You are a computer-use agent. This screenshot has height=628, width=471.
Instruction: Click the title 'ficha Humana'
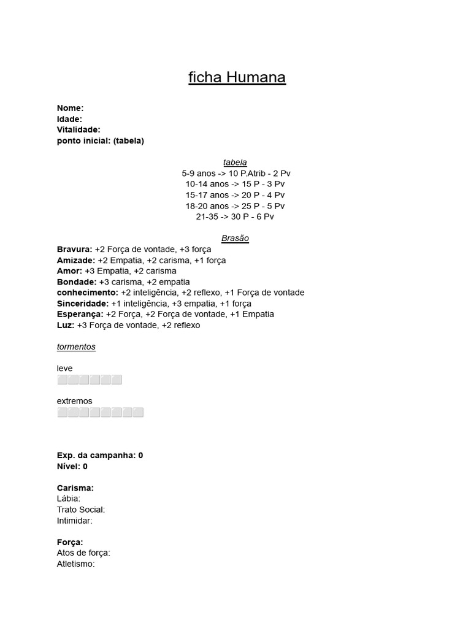[237, 78]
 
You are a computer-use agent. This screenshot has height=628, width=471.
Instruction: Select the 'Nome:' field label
[70, 108]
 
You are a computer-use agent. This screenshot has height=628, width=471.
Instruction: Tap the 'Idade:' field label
[69, 119]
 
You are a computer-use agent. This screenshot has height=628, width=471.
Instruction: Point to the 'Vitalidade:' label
[78, 129]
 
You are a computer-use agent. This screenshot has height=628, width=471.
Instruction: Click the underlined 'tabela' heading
[235, 163]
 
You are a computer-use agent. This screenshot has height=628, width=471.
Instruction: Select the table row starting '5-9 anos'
[235, 174]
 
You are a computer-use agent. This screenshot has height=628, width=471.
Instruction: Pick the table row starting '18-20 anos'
[235, 206]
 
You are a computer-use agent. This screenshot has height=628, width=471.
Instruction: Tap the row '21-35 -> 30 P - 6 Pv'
[235, 216]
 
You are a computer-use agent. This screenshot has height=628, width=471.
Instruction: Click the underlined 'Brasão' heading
[235, 239]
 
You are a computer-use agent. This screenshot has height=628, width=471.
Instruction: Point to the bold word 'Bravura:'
[74, 249]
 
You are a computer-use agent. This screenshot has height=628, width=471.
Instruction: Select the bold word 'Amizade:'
[76, 260]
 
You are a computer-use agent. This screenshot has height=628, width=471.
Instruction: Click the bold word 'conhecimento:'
[87, 293]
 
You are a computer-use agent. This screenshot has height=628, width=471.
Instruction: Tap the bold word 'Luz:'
[66, 325]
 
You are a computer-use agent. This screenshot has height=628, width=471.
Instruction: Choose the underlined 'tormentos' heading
[76, 347]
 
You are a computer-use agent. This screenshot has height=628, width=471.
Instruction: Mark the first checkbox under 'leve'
[62, 380]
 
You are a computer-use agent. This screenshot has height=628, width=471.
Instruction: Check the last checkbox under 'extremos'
[139, 412]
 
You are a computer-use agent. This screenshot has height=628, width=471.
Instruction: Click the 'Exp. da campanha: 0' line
[100, 456]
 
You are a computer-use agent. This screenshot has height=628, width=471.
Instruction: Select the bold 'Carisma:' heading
[75, 488]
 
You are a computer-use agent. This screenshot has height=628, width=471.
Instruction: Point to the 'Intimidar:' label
[74, 521]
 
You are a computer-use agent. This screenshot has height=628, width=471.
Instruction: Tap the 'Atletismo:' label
[75, 564]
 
